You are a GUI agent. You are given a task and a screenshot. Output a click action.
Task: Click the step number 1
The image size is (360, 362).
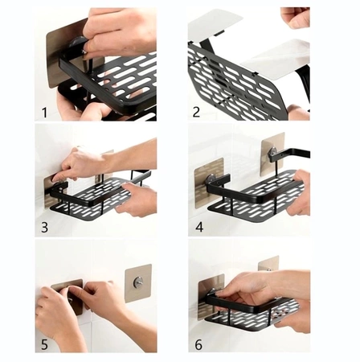click(x=44, y=113)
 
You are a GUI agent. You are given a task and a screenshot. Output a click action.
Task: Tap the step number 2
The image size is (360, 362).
click(x=196, y=112)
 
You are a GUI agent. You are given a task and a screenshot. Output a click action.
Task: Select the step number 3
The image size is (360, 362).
click(x=44, y=227)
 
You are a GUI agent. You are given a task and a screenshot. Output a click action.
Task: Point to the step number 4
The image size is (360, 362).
click(x=199, y=227)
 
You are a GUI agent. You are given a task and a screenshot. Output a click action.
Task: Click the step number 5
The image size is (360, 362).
click(x=44, y=344)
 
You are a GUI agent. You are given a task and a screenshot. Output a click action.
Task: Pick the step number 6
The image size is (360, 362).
click(x=198, y=344)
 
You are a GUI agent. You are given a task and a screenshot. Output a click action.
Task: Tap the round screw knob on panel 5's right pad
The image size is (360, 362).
click(x=138, y=282)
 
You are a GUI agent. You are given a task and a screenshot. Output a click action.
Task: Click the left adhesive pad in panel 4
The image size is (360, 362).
click(x=209, y=183)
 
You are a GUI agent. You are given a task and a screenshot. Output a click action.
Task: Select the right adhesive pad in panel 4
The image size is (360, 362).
click(x=272, y=154)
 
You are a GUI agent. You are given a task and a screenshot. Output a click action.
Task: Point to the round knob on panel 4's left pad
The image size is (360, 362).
click(x=211, y=179)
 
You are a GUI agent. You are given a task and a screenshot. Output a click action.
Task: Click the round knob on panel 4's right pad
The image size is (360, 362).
click(x=273, y=152)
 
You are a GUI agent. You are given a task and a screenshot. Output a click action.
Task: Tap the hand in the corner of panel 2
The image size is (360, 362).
click(x=296, y=17)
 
